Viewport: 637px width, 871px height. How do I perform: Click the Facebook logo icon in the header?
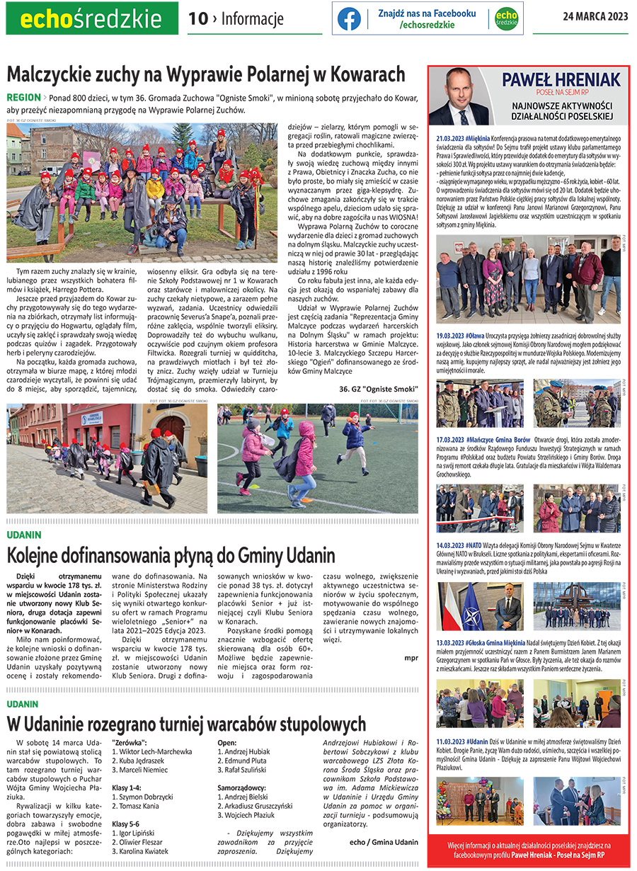point(349,18)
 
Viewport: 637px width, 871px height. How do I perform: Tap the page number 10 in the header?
point(198,19)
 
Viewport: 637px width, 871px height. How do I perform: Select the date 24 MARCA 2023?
point(595,17)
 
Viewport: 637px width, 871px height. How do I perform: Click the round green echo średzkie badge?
point(505,18)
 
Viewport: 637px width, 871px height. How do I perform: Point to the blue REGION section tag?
point(23,97)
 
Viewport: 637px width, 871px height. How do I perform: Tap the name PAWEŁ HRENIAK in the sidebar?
point(561,79)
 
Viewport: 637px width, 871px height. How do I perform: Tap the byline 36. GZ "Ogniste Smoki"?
point(378,389)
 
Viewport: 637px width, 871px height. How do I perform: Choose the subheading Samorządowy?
point(242,787)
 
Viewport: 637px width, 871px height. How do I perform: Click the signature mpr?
point(411,658)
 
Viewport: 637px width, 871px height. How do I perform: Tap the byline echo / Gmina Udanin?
point(384,842)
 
